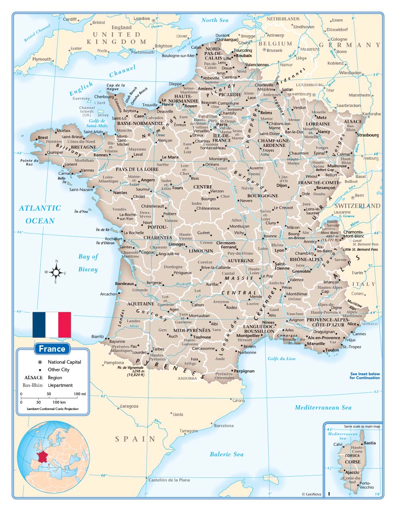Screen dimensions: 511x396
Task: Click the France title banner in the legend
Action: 52,349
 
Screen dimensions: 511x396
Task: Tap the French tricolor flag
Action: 52,325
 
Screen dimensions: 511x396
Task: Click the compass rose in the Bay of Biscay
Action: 56,272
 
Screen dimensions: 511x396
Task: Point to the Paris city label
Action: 222,125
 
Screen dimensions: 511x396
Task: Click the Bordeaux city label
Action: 124,283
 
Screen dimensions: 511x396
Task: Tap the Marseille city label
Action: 316,343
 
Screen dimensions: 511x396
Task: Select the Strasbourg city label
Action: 368,135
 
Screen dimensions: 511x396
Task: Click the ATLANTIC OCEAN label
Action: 40,214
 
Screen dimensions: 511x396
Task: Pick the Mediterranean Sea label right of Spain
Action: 323,407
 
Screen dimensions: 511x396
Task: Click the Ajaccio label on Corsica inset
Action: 352,472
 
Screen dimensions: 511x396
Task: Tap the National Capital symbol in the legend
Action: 40,362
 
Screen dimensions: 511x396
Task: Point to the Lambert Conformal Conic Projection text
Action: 53,409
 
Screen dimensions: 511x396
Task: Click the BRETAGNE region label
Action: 83,147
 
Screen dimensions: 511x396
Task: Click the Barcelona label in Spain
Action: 224,426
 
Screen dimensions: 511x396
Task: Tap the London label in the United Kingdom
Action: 142,18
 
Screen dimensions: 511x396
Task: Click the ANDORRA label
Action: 187,378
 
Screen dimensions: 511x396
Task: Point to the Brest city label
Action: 43,138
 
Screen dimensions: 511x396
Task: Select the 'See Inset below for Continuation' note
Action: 365,376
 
